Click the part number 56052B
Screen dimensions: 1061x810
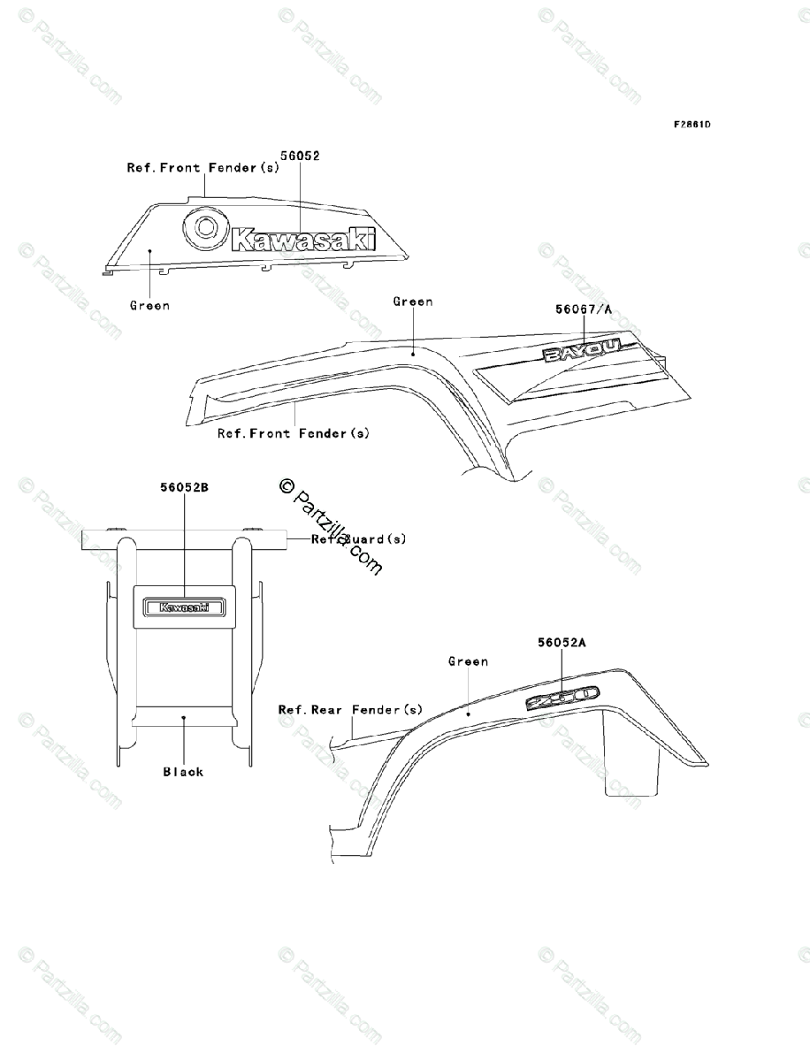coord(184,487)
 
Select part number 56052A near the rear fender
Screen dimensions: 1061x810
coord(562,644)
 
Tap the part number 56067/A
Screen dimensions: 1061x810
coord(584,309)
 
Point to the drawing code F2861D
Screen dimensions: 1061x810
coord(692,125)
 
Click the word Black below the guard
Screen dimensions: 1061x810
coord(183,772)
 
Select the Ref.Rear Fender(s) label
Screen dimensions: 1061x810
coord(350,710)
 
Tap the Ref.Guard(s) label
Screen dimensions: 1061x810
coord(358,539)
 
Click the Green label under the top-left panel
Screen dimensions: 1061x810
coord(149,306)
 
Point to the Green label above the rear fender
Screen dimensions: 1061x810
coord(468,661)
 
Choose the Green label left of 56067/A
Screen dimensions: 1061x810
coord(412,302)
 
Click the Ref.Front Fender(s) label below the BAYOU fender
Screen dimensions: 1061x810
coord(294,433)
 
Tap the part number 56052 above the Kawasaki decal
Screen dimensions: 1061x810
coord(300,155)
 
